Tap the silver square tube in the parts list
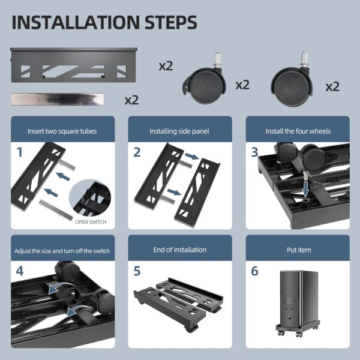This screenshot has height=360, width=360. point(57,98)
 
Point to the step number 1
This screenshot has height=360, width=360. point(20,152)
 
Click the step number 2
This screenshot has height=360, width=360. point(137,152)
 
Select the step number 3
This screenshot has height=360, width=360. point(254,152)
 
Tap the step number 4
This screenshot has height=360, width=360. point(20,271)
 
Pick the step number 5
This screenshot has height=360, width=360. point(137,271)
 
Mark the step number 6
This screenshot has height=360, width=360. point(254,271)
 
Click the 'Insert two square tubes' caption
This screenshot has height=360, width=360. point(62,131)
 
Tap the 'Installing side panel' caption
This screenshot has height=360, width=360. point(179,131)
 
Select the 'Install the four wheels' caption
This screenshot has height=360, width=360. point(298,131)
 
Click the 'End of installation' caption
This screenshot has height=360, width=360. point(179,250)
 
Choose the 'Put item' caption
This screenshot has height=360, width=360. point(298,250)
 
